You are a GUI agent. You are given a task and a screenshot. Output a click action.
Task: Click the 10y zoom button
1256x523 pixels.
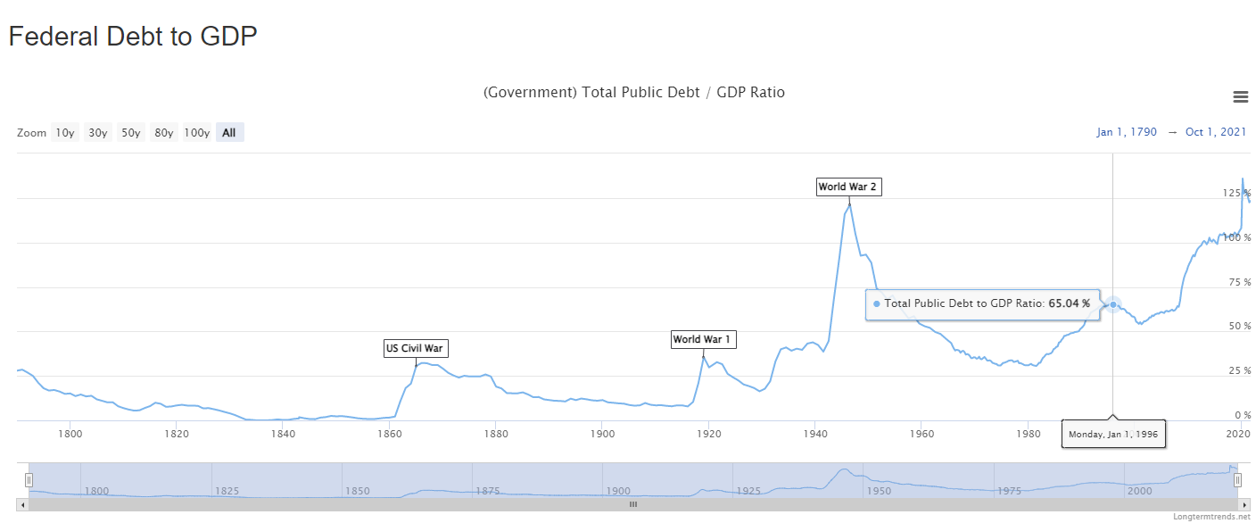[x=64, y=133]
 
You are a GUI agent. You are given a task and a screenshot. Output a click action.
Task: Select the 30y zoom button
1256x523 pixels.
[x=97, y=133]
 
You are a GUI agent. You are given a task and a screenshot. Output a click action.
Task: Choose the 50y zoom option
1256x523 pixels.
[x=131, y=133]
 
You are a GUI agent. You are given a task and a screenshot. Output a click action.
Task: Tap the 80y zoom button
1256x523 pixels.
[x=163, y=133]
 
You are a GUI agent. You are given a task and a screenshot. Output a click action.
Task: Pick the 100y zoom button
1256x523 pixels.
[x=196, y=133]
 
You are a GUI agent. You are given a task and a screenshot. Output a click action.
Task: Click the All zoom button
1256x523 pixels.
[x=229, y=133]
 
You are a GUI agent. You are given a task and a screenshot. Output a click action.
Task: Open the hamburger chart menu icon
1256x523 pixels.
[x=1240, y=96]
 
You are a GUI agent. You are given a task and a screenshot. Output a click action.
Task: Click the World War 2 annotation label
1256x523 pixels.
[x=848, y=187]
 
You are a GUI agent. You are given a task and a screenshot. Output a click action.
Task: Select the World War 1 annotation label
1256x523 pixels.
[x=703, y=339]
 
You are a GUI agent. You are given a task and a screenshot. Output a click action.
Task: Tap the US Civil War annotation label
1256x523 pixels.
[x=414, y=348]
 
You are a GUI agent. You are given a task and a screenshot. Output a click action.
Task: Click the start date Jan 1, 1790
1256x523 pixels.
[x=1127, y=132]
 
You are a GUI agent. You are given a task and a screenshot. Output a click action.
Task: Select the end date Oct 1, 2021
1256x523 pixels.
[x=1216, y=132]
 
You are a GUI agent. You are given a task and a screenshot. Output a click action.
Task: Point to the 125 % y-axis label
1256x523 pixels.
[x=1236, y=193]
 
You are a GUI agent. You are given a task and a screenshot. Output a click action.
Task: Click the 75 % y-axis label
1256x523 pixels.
[x=1236, y=282]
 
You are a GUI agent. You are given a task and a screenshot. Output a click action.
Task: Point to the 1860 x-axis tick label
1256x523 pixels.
[x=390, y=434]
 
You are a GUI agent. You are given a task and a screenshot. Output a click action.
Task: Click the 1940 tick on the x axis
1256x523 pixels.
[x=814, y=434]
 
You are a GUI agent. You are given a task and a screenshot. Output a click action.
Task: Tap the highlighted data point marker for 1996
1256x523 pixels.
[x=1113, y=304]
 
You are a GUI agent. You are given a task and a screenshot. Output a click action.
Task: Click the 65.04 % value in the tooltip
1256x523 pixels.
[x=1069, y=303]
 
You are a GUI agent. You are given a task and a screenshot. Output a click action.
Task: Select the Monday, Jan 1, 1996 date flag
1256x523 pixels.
[x=1113, y=434]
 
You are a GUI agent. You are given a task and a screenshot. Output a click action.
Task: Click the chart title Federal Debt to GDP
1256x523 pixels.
[x=133, y=37]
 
